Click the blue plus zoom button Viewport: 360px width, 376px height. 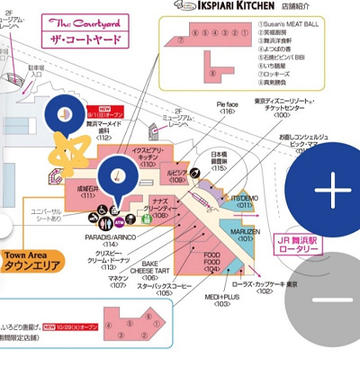pos(332,191)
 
